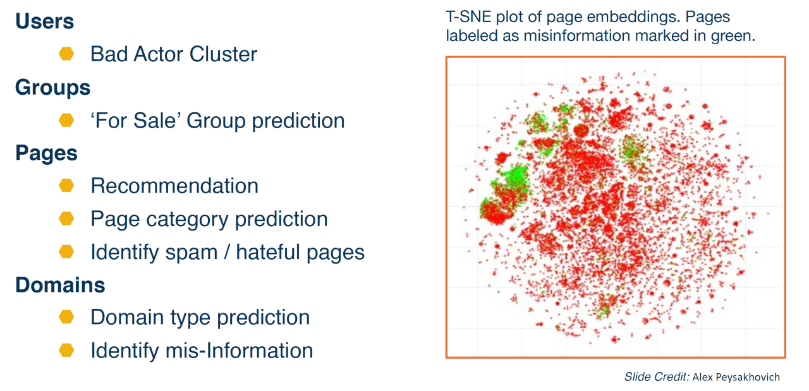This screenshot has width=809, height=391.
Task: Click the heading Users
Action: click(x=45, y=21)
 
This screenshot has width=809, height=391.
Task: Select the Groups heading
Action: click(x=52, y=88)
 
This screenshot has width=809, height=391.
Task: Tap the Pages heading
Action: click(x=46, y=153)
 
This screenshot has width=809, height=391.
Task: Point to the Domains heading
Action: click(x=60, y=285)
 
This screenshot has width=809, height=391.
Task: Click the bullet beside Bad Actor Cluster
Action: click(x=66, y=54)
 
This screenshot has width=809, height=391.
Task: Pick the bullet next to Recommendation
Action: click(x=66, y=186)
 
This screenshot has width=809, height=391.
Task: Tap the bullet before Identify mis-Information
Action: click(x=66, y=350)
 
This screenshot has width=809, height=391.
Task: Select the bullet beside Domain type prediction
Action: click(x=66, y=317)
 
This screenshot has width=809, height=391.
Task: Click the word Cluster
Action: click(x=223, y=54)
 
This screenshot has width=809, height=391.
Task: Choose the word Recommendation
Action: click(x=174, y=186)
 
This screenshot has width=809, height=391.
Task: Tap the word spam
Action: click(x=191, y=253)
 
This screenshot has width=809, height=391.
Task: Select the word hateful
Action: click(x=269, y=252)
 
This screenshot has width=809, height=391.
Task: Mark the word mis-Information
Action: click(x=239, y=351)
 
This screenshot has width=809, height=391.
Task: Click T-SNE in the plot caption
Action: click(x=468, y=17)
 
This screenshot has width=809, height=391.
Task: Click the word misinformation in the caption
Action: click(x=577, y=36)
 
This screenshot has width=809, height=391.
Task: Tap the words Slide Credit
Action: click(x=657, y=377)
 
